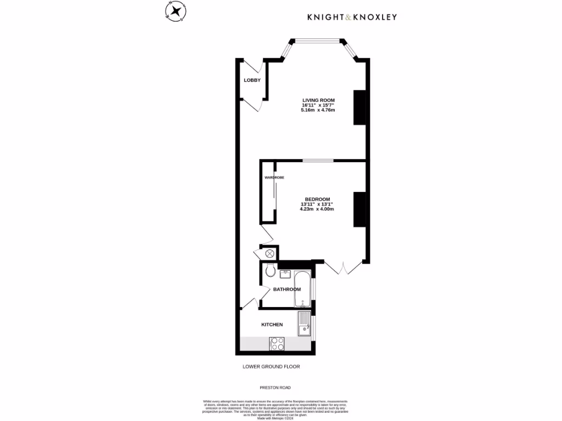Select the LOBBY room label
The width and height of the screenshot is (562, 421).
click(x=252, y=80)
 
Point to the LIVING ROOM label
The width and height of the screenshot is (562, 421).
click(x=318, y=100)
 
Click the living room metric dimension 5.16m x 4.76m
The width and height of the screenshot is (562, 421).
click(x=318, y=110)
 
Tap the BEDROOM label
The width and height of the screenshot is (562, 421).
click(x=317, y=199)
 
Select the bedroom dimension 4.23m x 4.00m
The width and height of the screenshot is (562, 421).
click(x=317, y=209)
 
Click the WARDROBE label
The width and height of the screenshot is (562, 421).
click(x=274, y=178)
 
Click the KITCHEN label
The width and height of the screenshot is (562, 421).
click(x=272, y=325)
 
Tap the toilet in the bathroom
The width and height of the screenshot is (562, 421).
click(x=269, y=270)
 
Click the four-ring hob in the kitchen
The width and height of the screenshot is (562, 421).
click(x=277, y=343)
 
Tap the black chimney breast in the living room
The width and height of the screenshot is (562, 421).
click(x=359, y=107)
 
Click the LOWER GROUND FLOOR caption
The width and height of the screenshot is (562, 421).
click(x=271, y=367)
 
